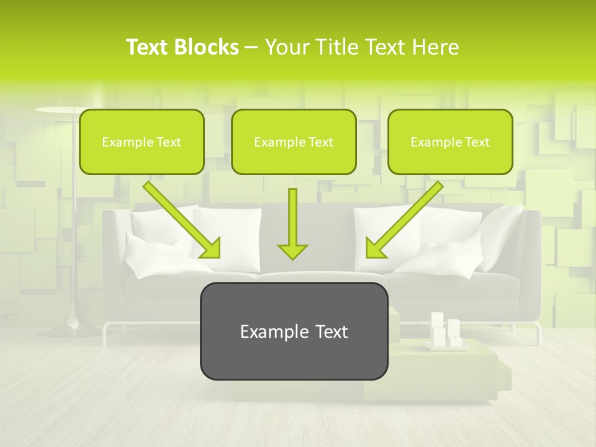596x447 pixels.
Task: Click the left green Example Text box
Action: (142, 142)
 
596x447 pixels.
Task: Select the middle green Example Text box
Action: (294, 142)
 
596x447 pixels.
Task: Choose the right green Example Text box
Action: (450, 142)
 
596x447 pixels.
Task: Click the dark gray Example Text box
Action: (294, 332)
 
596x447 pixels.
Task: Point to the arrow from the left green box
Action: (182, 220)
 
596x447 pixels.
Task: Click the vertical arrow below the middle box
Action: (292, 223)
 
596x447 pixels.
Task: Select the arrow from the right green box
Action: (404, 220)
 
